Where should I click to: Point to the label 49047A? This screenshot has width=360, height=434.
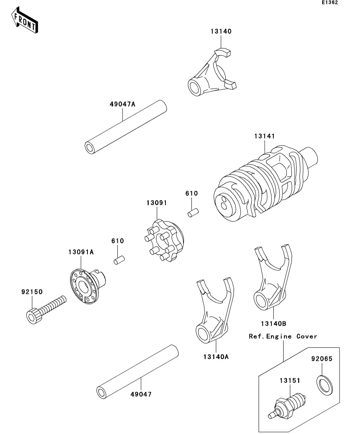coord(122,104)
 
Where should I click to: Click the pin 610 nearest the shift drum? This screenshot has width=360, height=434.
coord(193,212)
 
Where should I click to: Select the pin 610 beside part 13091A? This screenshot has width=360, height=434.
coord(119,260)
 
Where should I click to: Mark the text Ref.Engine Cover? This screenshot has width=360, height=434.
coord(283,336)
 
